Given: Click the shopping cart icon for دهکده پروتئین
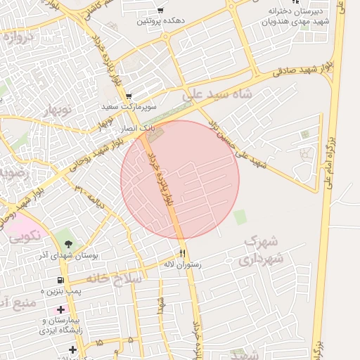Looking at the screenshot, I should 161,11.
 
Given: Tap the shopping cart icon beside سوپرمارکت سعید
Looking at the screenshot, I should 128,96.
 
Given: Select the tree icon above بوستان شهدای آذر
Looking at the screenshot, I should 68,243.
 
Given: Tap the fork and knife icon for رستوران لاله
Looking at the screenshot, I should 182,253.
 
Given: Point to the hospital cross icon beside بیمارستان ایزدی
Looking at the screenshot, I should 61,309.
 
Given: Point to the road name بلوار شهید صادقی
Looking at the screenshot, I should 291,72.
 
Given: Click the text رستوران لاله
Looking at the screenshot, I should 182,264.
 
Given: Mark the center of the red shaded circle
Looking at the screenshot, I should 180,180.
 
